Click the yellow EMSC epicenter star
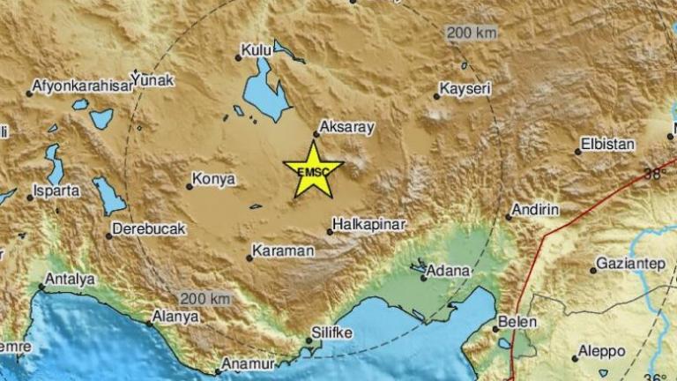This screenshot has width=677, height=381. point(313,168)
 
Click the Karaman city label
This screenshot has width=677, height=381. point(282,251)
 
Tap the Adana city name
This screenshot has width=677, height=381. point(450,273)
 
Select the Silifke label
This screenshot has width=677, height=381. point(332,335)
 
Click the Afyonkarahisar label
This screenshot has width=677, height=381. point(77,86)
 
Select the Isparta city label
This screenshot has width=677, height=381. point(58,190)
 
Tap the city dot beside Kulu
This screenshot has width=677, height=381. point(238,58)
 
